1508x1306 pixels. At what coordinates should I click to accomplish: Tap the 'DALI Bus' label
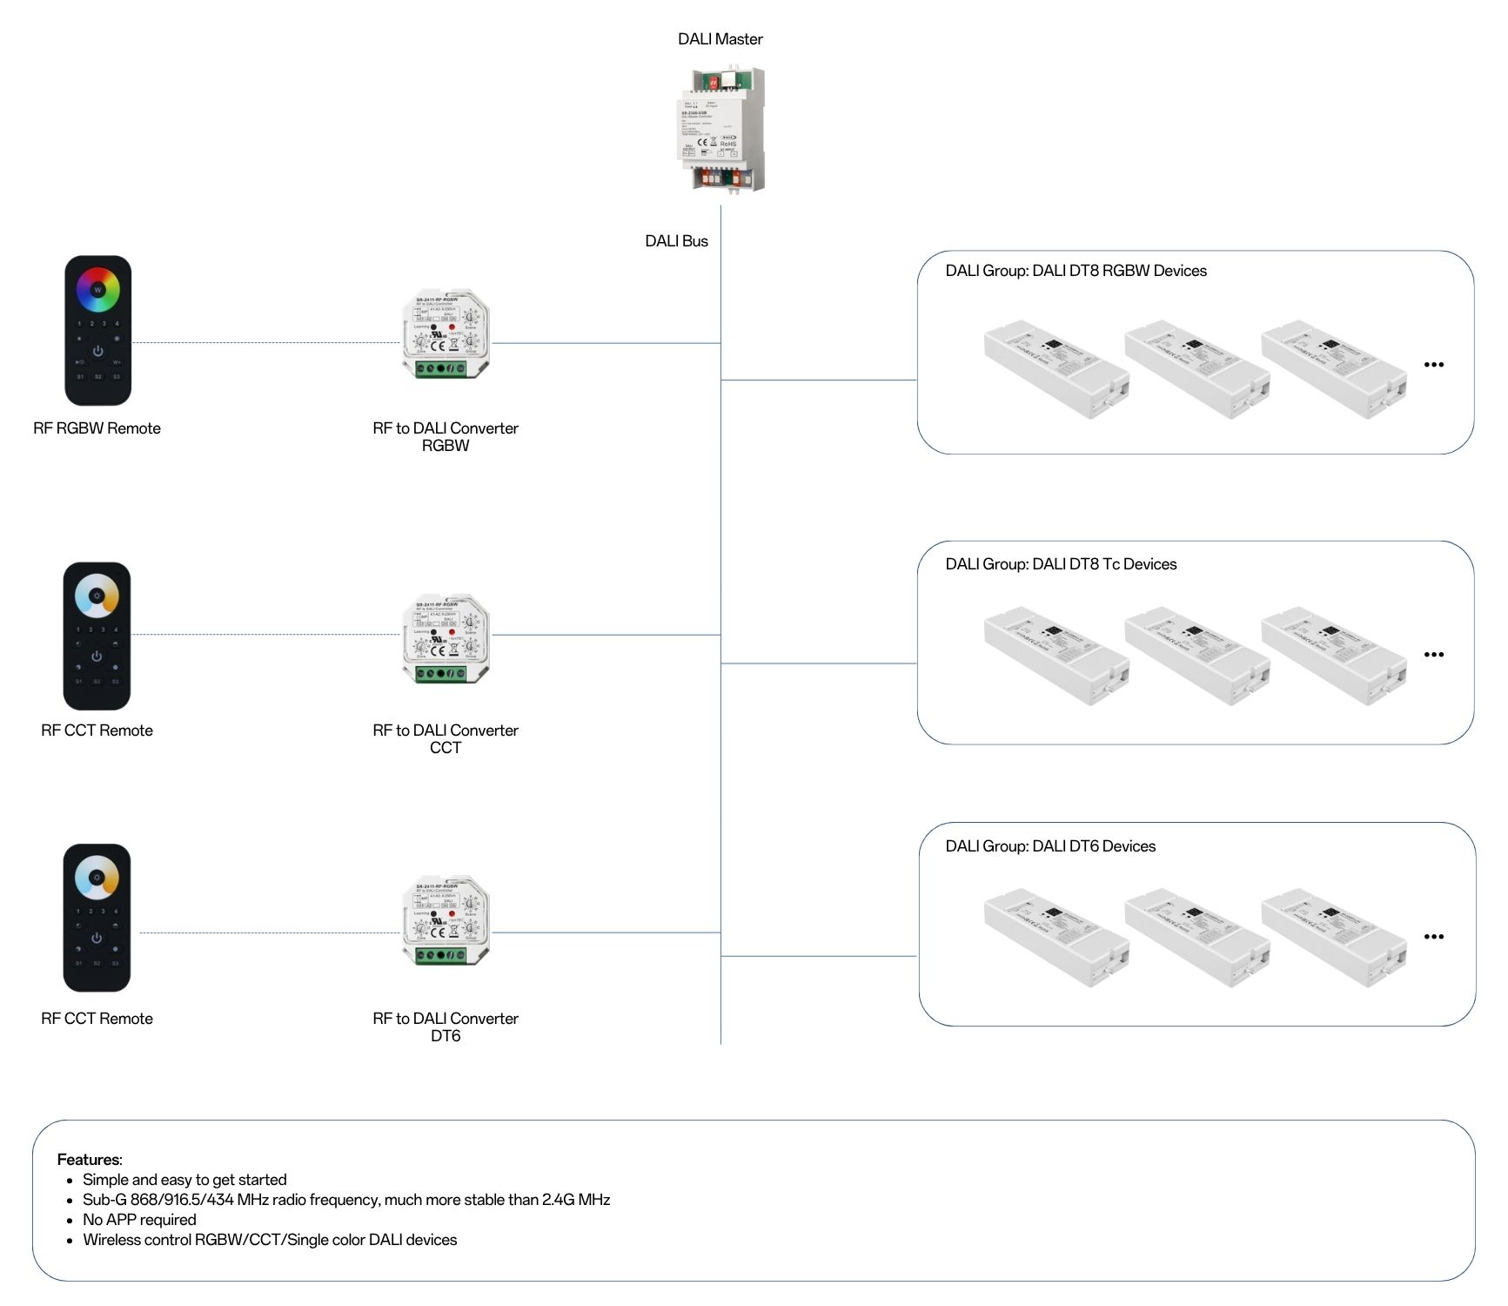pyautogui.click(x=676, y=241)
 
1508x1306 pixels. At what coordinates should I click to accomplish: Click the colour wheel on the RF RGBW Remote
pyautogui.click(x=97, y=289)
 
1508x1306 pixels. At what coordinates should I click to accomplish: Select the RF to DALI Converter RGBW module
pyautogui.click(x=446, y=335)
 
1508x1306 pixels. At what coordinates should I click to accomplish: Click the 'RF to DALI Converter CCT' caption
pyautogui.click(x=446, y=738)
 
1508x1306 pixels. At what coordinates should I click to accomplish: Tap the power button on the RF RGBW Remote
pyautogui.click(x=97, y=351)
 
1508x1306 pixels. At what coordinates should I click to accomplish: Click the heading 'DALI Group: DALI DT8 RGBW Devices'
pyautogui.click(x=1076, y=271)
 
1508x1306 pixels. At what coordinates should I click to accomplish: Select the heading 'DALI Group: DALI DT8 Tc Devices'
pyautogui.click(x=1061, y=564)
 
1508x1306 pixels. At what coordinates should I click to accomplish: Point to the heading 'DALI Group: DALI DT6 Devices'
pyautogui.click(x=1050, y=846)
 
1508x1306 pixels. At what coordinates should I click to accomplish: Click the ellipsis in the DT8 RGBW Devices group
pyautogui.click(x=1433, y=365)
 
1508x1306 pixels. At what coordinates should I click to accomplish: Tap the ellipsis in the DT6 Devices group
pyautogui.click(x=1433, y=937)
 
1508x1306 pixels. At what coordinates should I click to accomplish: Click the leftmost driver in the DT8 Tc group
pyautogui.click(x=1056, y=656)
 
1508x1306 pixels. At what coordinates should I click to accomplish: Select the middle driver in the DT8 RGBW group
pyautogui.click(x=1196, y=369)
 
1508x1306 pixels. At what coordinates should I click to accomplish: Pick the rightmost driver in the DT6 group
pyautogui.click(x=1332, y=938)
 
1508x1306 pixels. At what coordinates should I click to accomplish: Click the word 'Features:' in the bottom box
pyautogui.click(x=90, y=1160)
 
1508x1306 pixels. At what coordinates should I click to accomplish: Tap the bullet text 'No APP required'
pyautogui.click(x=139, y=1220)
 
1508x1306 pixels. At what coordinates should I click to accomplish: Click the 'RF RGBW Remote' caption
pyautogui.click(x=97, y=428)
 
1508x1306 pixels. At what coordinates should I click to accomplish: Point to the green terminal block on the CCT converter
pyautogui.click(x=440, y=673)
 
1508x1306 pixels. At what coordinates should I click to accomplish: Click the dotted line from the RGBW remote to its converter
pyautogui.click(x=265, y=343)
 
